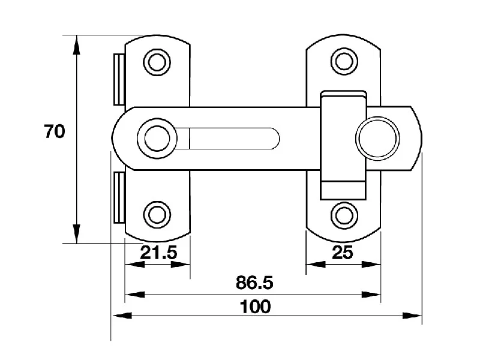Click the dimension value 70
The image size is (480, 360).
55,131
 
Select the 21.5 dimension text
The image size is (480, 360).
158,253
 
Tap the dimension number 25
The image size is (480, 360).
343,253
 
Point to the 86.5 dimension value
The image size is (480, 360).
254,282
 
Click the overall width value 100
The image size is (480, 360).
255,307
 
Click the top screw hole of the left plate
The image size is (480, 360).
157,62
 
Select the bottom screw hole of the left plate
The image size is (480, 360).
157,215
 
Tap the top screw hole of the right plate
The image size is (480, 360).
344,61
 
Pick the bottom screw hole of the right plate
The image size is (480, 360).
344,215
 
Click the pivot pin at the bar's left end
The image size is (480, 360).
157,139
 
